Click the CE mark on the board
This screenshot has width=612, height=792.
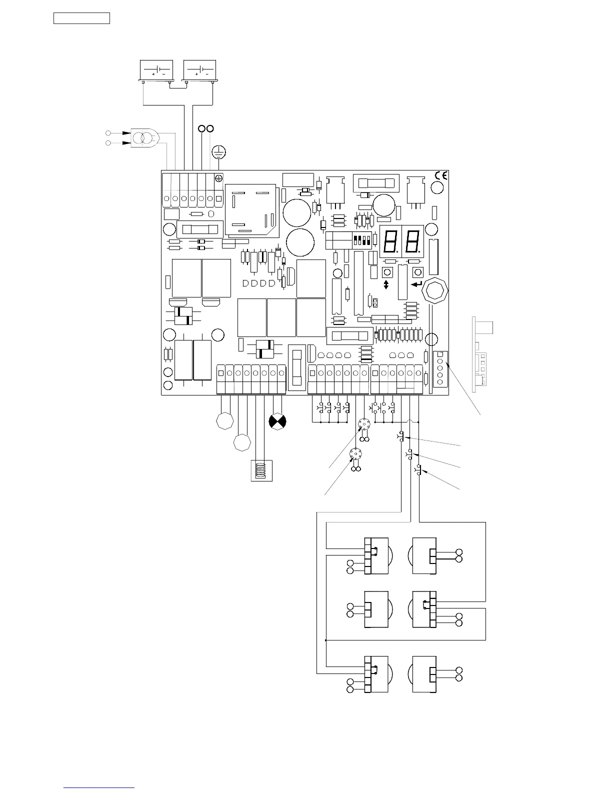point(441,175)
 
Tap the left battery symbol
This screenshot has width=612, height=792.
point(156,70)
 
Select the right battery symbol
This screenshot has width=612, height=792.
point(199,70)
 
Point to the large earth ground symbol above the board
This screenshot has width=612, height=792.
point(218,152)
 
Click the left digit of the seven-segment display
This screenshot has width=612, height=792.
point(390,241)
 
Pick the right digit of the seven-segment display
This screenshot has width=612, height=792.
point(412,241)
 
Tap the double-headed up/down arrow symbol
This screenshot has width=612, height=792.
point(386,284)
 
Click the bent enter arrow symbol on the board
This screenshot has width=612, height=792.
point(416,283)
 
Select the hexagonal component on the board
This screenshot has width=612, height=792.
point(435,291)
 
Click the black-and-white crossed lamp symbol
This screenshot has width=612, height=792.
point(277,421)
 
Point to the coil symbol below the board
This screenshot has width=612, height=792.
point(261,470)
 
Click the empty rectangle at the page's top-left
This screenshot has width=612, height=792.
point(81,18)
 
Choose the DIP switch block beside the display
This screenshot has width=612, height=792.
point(361,240)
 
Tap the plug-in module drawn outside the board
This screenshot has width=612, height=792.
point(482,354)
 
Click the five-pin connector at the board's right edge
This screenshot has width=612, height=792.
point(440,369)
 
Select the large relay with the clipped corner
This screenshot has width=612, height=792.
point(250,210)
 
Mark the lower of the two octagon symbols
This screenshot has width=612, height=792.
point(242,442)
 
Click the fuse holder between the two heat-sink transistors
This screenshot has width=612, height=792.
point(376,183)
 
